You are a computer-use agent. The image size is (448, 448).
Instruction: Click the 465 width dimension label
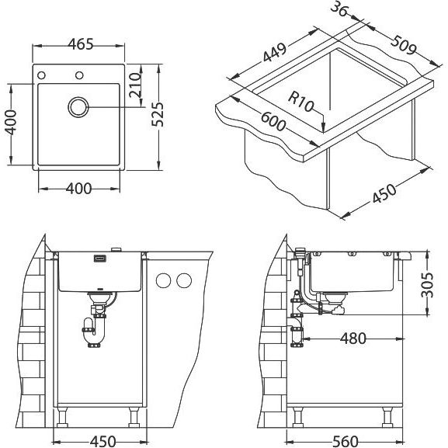tap(81, 44)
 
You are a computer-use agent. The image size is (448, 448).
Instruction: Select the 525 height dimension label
tap(158, 114)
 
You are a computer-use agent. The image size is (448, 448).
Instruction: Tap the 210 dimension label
tap(135, 85)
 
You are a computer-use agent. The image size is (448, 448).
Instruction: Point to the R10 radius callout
tap(300, 101)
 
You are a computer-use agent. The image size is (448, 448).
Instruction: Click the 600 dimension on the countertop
tap(273, 121)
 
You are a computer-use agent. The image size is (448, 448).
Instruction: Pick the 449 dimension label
tap(274, 52)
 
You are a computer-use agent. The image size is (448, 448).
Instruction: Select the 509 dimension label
tap(403, 45)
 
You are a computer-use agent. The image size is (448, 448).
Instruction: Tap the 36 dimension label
tap(339, 9)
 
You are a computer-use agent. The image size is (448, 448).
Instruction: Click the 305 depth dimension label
tap(427, 285)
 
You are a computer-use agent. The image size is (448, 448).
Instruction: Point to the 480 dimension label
tap(352, 339)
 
